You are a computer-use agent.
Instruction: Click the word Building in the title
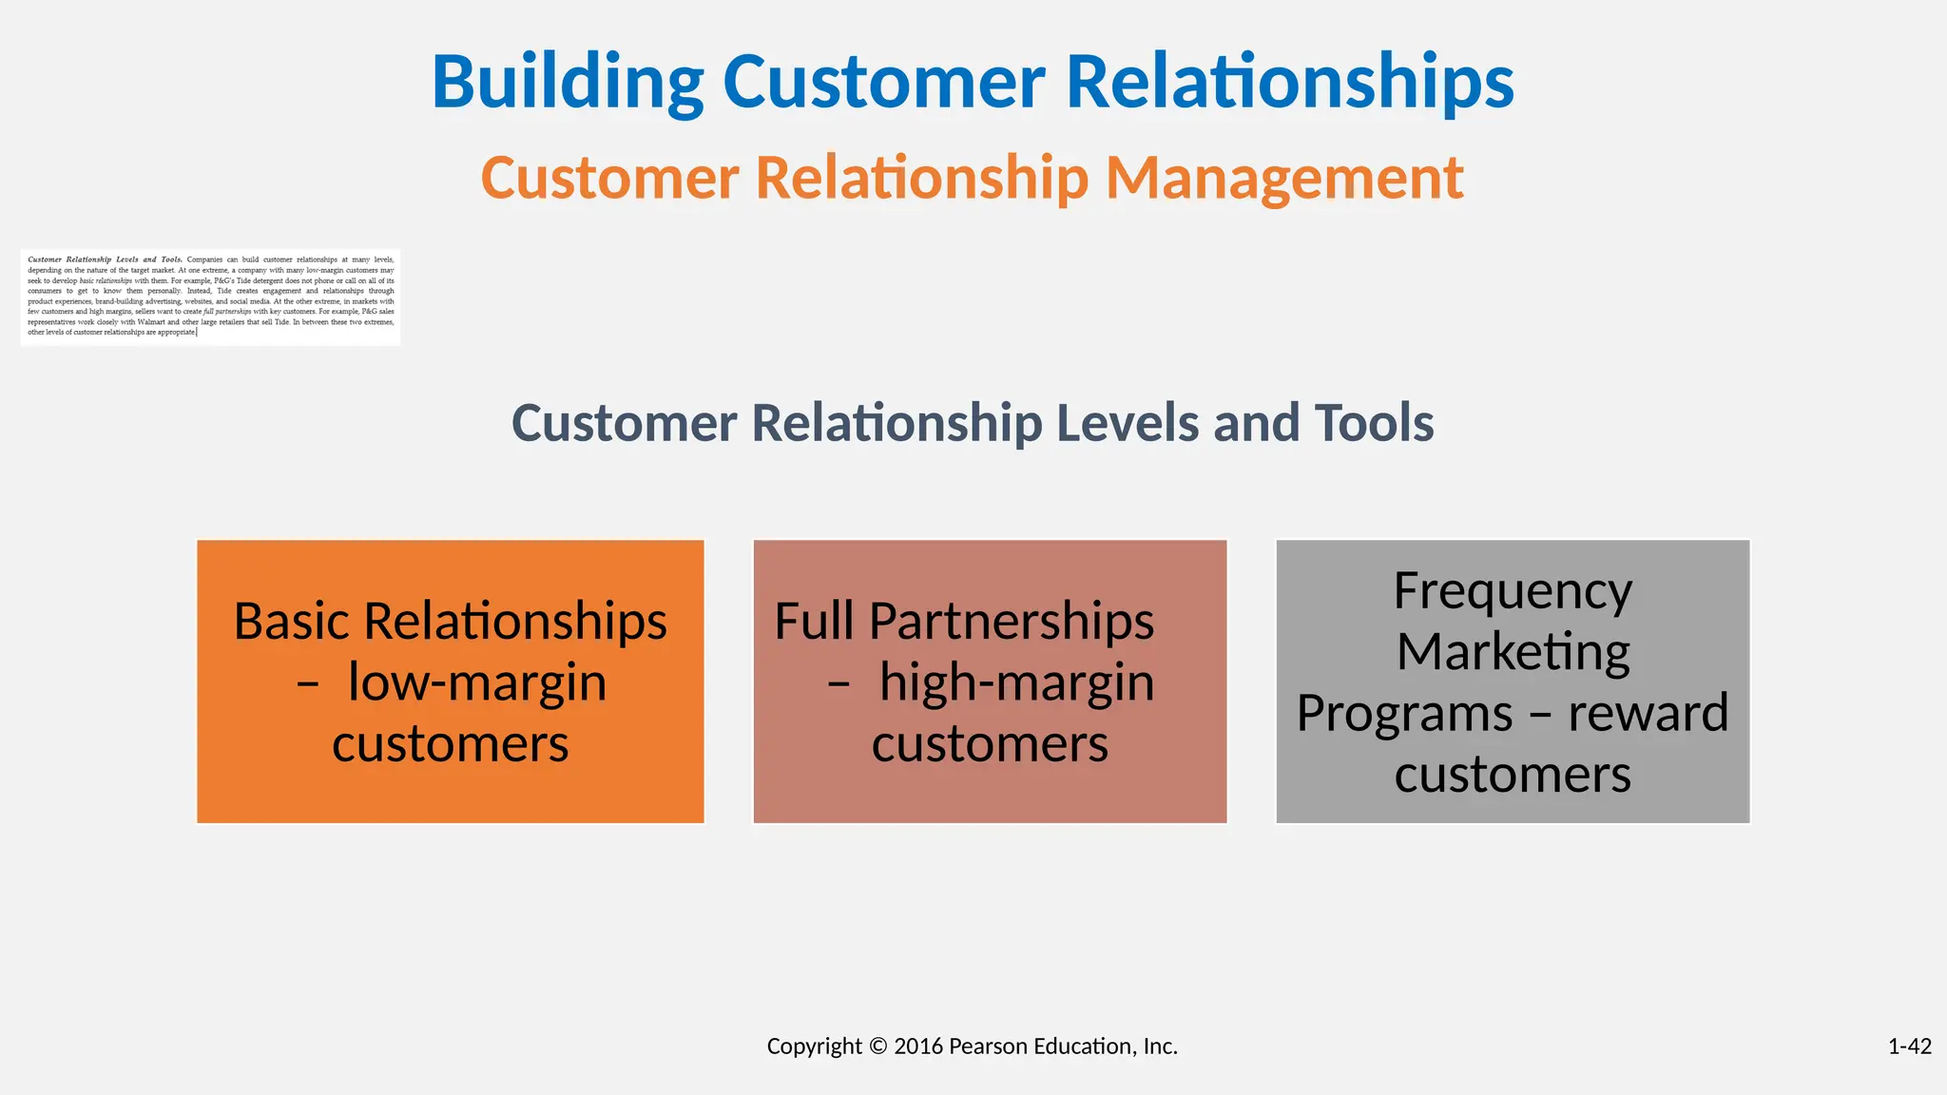(568, 83)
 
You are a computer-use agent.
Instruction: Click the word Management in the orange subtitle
(1283, 178)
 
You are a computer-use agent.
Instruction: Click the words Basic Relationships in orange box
(450, 622)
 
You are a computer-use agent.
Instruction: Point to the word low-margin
(477, 682)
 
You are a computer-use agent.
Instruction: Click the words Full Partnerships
(964, 622)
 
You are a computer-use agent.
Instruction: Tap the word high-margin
(1016, 682)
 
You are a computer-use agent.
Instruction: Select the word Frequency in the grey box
(1513, 591)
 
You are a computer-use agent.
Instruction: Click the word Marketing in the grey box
(1513, 652)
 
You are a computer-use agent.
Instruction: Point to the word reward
(1648, 713)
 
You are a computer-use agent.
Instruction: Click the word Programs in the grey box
(1404, 713)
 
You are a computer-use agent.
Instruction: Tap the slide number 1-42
(1909, 1047)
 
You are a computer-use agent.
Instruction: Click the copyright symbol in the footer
(877, 1047)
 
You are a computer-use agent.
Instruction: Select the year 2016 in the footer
(918, 1047)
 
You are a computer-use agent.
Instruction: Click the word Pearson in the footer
(988, 1047)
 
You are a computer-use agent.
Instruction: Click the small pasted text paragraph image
(210, 297)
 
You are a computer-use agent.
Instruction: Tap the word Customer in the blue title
(884, 83)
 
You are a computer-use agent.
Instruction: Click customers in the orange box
(450, 743)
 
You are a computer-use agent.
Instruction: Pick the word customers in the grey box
(1513, 774)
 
